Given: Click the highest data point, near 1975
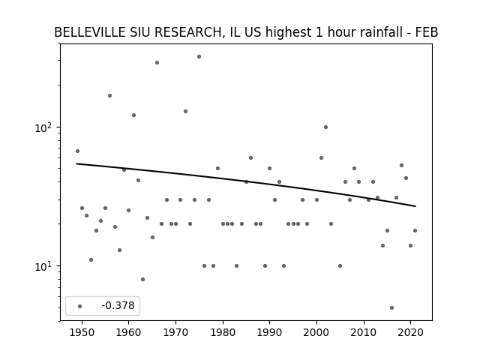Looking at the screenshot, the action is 199,57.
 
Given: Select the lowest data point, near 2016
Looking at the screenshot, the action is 391,308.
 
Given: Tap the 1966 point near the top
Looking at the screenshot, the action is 157,63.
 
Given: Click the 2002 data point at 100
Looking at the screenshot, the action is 325,127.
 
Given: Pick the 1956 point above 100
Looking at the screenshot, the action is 110,96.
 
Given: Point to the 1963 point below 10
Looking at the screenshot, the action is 142,280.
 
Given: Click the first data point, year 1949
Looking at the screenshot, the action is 77,151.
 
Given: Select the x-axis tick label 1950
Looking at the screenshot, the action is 82,332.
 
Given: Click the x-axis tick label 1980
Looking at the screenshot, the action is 223,332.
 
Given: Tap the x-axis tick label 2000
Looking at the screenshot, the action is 316,332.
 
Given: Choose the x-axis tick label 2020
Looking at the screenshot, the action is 411,332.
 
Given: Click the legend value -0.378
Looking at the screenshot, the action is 118,305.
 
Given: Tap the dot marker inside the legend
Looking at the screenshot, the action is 80,307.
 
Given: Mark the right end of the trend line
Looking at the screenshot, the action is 415,206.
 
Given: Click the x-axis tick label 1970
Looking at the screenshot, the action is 175,332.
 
